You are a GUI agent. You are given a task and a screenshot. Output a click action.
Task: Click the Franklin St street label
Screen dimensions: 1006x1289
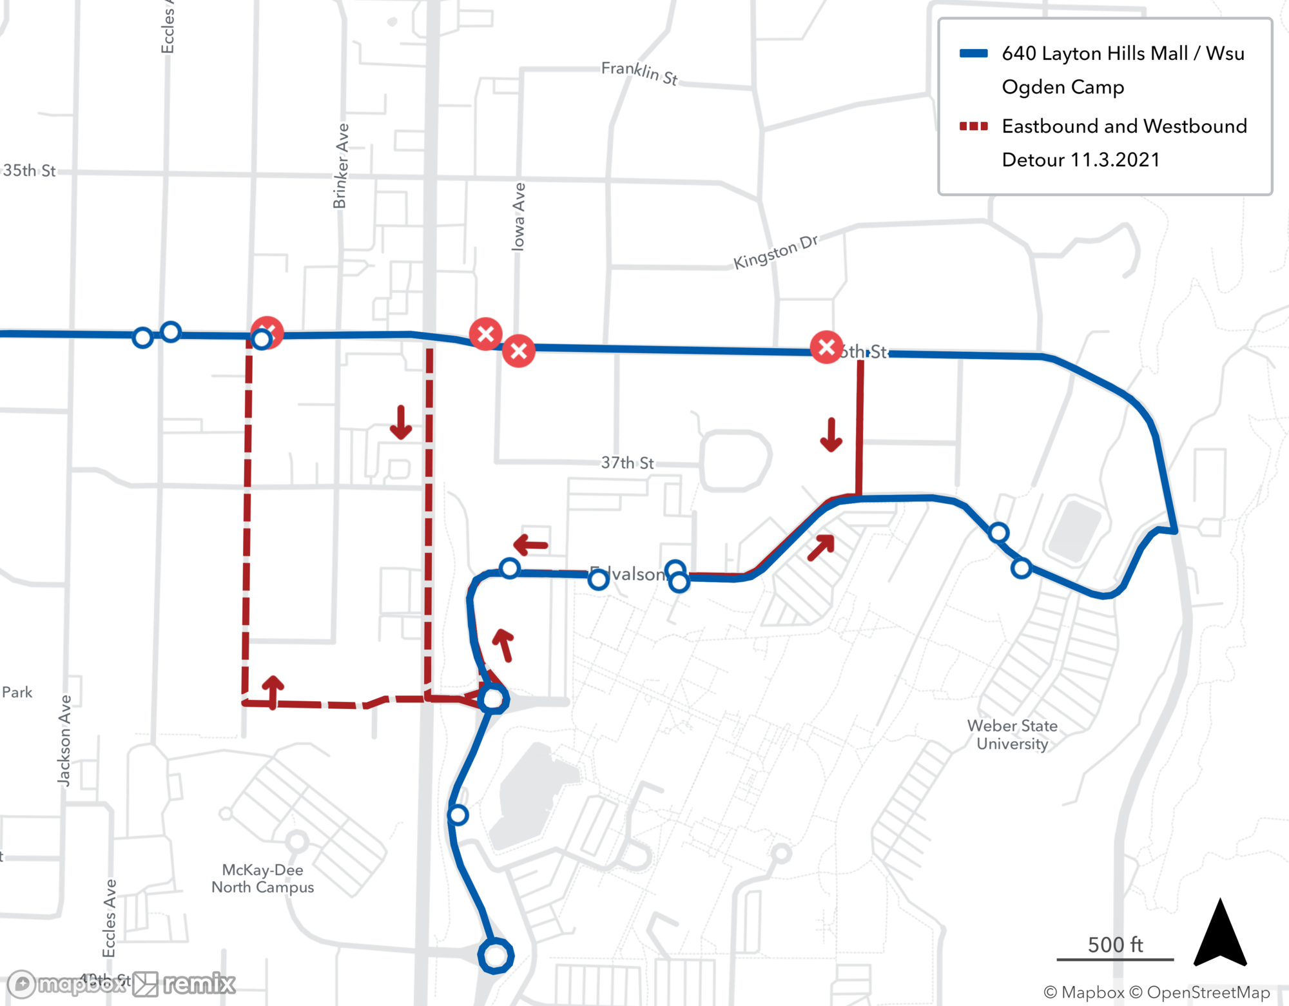click(x=639, y=73)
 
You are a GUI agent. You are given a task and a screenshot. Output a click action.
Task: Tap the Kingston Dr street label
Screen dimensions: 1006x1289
click(x=775, y=251)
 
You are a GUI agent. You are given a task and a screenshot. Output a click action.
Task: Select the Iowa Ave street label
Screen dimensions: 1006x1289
click(x=518, y=217)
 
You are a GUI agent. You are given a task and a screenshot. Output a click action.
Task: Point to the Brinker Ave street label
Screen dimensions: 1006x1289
click(x=340, y=166)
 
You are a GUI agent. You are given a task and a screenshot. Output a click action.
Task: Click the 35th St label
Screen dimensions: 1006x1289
click(x=30, y=171)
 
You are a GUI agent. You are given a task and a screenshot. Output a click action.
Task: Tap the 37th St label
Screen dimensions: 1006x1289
click(x=627, y=463)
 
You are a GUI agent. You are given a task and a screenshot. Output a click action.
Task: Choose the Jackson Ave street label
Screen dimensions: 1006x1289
click(x=64, y=740)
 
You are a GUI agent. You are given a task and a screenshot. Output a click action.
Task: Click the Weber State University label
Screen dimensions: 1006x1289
click(x=1012, y=735)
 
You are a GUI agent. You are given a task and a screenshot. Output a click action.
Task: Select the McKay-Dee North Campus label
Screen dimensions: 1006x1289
click(x=262, y=878)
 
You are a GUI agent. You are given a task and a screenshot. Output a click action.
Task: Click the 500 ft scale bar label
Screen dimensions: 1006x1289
click(x=1115, y=945)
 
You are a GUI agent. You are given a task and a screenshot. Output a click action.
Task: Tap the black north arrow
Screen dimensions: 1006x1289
click(x=1220, y=934)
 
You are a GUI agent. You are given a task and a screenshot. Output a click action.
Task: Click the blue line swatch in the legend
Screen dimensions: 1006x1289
click(x=973, y=53)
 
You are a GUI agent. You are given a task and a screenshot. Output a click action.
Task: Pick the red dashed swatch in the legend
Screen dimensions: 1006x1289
click(x=973, y=126)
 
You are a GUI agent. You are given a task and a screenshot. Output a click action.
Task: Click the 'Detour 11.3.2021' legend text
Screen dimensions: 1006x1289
click(x=1080, y=160)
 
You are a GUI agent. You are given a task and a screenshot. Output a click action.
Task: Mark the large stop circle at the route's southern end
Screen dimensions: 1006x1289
click(x=496, y=955)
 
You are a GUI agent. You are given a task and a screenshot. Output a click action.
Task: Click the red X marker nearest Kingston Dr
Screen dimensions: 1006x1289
click(x=826, y=347)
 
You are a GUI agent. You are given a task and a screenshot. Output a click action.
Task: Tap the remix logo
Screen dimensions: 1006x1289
click(x=186, y=984)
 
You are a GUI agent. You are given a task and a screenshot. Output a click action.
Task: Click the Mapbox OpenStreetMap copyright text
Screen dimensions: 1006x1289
click(x=1156, y=992)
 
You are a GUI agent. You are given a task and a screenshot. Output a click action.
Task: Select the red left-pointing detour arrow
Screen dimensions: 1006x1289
click(x=530, y=545)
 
